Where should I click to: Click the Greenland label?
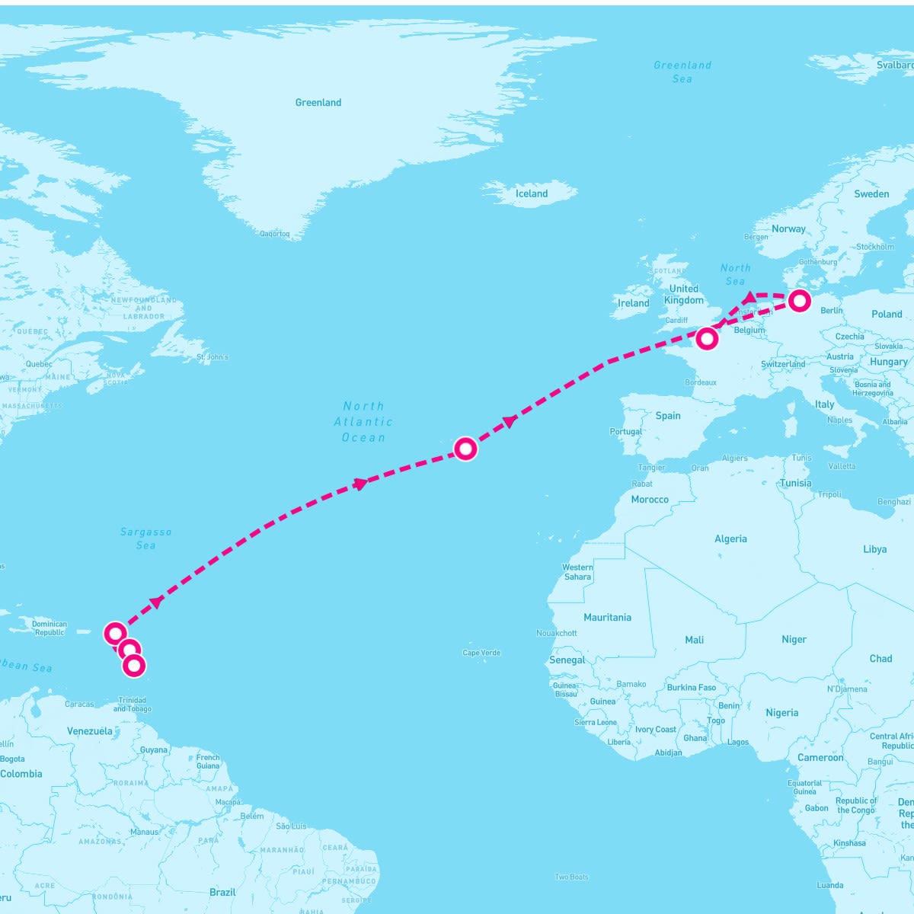pyautogui.click(x=318, y=103)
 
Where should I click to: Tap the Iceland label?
pyautogui.click(x=532, y=193)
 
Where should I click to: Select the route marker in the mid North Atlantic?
pyautogui.click(x=465, y=449)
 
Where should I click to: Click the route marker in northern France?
pyautogui.click(x=707, y=338)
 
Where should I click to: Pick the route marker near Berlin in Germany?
pyautogui.click(x=799, y=301)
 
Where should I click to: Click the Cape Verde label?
pyautogui.click(x=482, y=653)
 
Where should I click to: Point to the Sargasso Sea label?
pyautogui.click(x=145, y=538)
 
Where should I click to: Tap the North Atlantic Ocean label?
pyautogui.click(x=363, y=422)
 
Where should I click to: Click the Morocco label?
pyautogui.click(x=650, y=500)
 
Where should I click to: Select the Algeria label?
pyautogui.click(x=730, y=539)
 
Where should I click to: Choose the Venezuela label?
pyautogui.click(x=90, y=731)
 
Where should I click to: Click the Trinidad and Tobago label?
pyautogui.click(x=133, y=705)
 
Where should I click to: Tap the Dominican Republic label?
pyautogui.click(x=50, y=628)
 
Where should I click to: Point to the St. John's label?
pyautogui.click(x=213, y=357)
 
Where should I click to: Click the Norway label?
pyautogui.click(x=788, y=228)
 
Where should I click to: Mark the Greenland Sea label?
pyautogui.click(x=682, y=72)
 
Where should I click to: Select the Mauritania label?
pyautogui.click(x=607, y=618)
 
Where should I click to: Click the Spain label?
pyautogui.click(x=668, y=416)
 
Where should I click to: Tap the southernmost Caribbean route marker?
pyautogui.click(x=134, y=666)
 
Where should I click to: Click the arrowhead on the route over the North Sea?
pyautogui.click(x=750, y=296)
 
